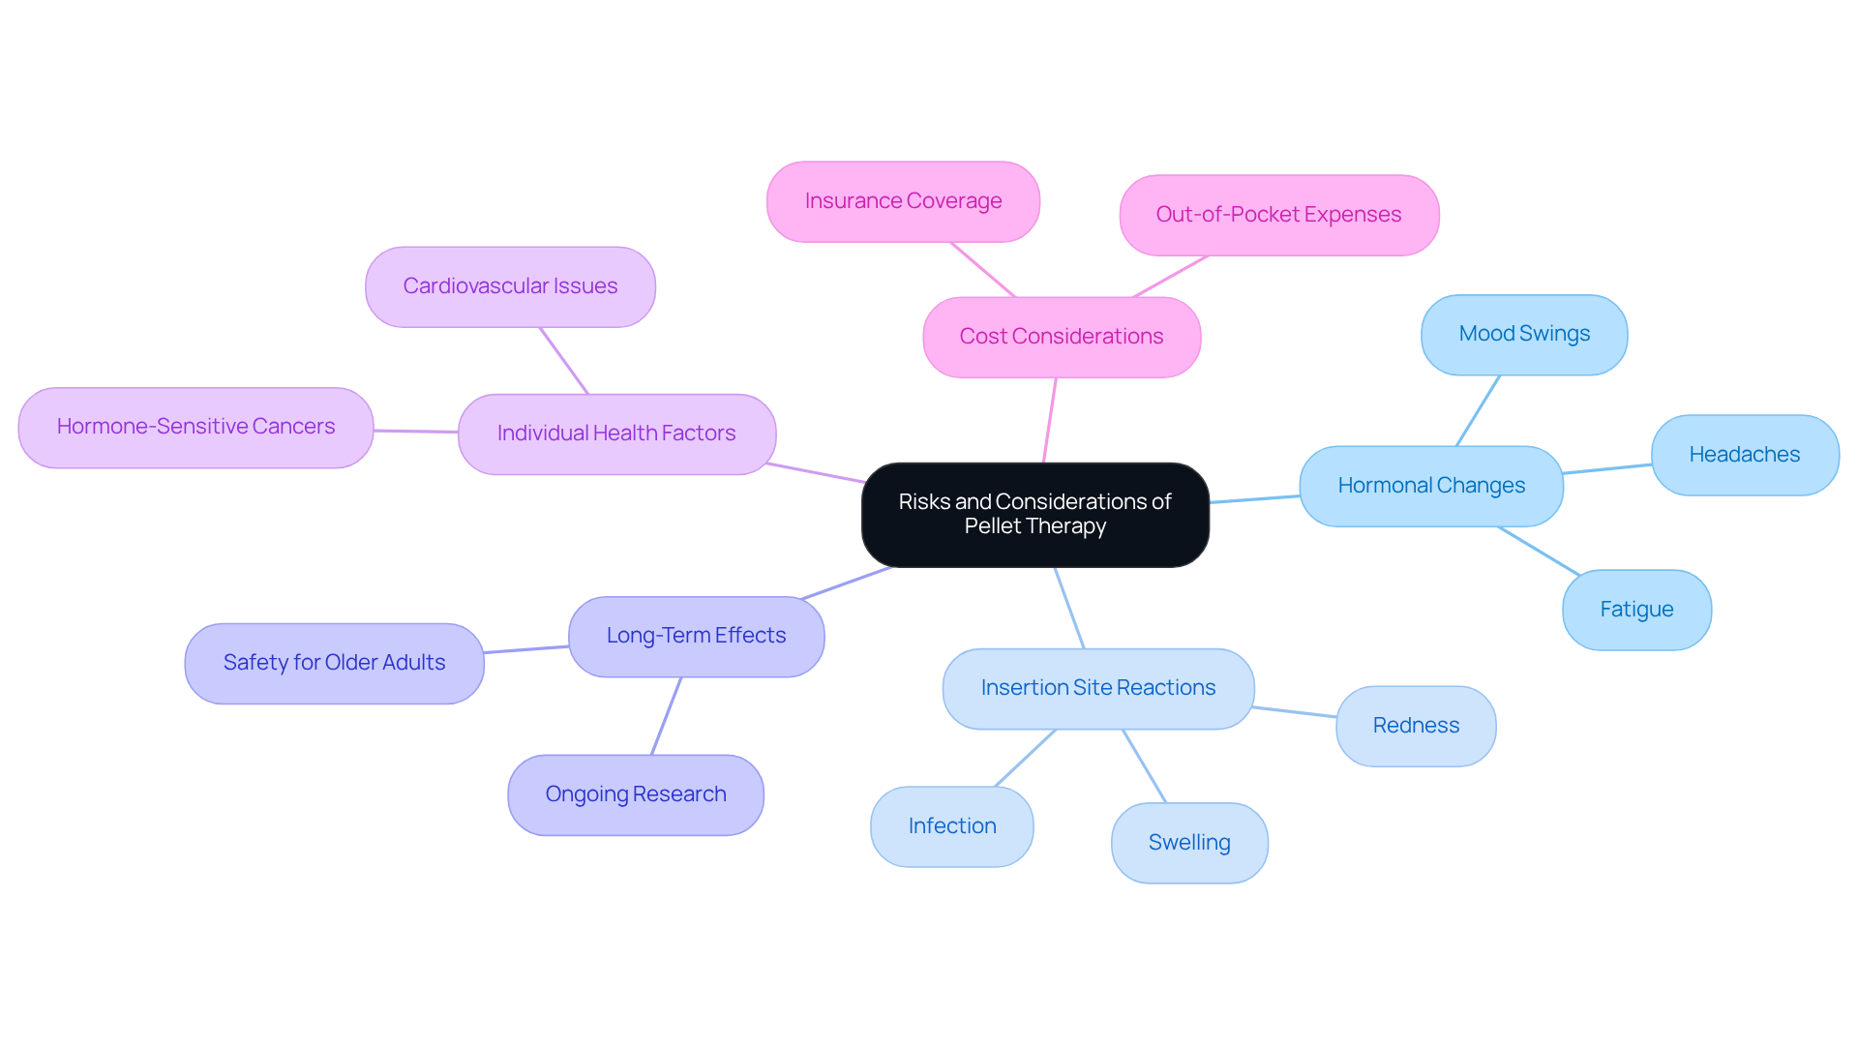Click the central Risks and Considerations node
click(x=1034, y=514)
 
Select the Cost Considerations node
click(x=1062, y=337)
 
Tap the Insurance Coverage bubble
click(x=903, y=201)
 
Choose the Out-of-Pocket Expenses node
click(x=1278, y=215)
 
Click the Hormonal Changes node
click(x=1431, y=486)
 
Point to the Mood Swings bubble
click(x=1524, y=334)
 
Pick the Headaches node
click(x=1744, y=455)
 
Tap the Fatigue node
click(x=1636, y=610)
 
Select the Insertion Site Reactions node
click(x=1098, y=688)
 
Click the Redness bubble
click(x=1416, y=726)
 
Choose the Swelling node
click(x=1189, y=843)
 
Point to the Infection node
click(x=952, y=826)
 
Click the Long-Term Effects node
click(x=696, y=636)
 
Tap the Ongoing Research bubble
click(x=636, y=794)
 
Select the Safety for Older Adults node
click(x=334, y=663)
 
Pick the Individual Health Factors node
click(x=616, y=434)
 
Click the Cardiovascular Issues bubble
click(x=510, y=286)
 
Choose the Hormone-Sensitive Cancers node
click(x=195, y=427)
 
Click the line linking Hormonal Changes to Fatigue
click(x=1539, y=551)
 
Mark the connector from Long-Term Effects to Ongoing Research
click(x=666, y=716)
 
